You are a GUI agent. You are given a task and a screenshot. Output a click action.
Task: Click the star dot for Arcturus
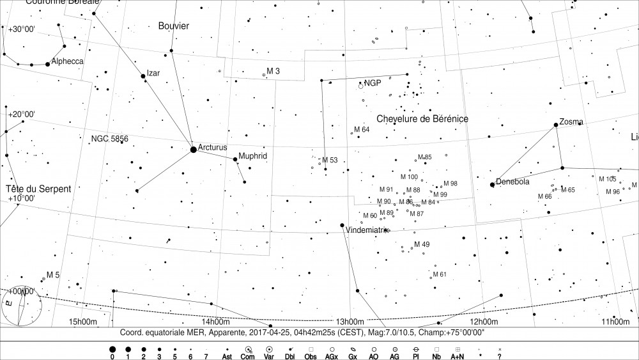pos(194,150)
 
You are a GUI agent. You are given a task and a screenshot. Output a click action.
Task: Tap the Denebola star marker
pos(492,185)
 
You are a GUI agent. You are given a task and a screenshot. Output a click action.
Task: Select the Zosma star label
pos(571,121)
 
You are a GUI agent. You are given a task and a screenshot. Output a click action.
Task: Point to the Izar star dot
pos(143,76)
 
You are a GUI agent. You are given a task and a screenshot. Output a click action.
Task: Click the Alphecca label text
pos(67,61)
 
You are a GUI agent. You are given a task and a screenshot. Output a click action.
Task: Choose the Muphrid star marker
pos(236,160)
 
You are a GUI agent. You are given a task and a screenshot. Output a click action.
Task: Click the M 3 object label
pos(273,71)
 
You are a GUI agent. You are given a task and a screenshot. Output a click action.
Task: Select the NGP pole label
pos(373,83)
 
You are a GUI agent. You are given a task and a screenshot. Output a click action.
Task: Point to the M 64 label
pos(362,130)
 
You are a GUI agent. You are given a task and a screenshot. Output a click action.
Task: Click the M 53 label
pos(330,160)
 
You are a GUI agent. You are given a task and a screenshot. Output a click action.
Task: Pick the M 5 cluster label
pos(53,275)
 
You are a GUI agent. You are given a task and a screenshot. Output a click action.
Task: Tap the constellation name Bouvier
pos(174,26)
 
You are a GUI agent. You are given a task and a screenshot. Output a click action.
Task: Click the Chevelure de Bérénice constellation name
pos(422,119)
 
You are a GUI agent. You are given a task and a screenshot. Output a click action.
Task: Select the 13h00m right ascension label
pos(351,322)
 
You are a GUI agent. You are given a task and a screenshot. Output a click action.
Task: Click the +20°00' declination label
pos(21,114)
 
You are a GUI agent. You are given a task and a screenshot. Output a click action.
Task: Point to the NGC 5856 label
pos(110,139)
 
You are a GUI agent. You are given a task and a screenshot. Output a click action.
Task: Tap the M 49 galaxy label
pos(422,244)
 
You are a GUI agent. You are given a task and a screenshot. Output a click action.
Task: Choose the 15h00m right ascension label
pos(82,322)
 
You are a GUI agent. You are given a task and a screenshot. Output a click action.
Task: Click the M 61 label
pos(439,274)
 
